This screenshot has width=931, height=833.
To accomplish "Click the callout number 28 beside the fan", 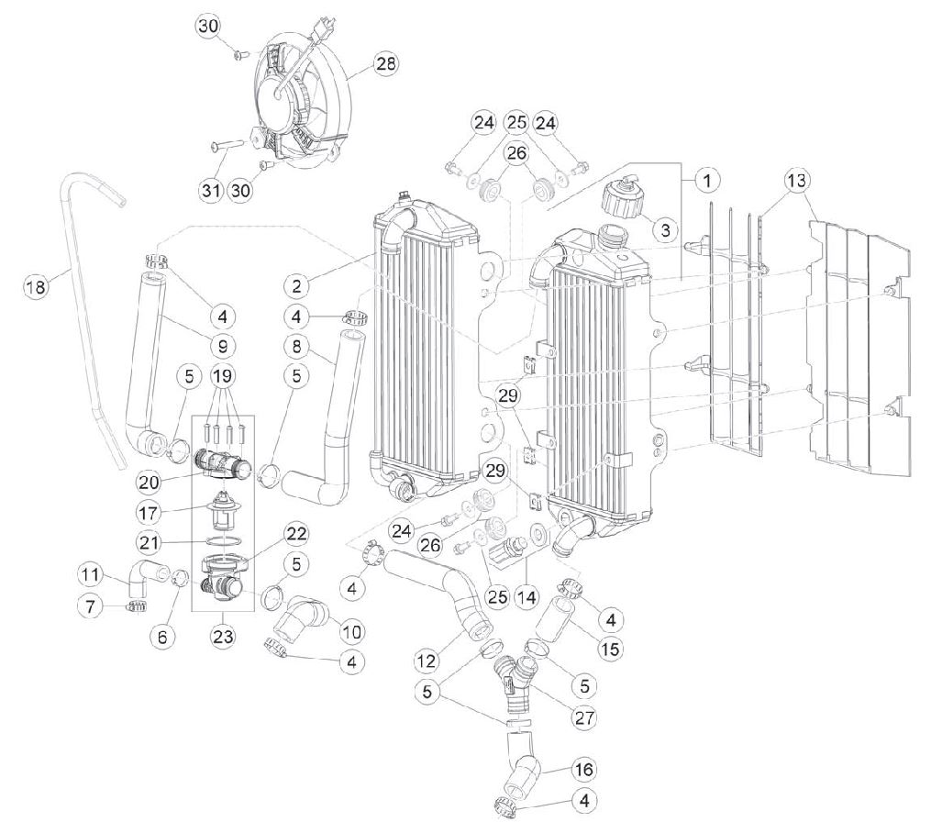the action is (386, 62).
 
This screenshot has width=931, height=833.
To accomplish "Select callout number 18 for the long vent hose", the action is (36, 287).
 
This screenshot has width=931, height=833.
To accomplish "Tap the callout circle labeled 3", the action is (665, 229).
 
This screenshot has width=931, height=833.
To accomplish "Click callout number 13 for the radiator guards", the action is (797, 179).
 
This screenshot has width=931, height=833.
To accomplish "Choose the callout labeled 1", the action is (706, 179).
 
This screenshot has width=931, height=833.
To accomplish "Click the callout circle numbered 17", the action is (149, 511).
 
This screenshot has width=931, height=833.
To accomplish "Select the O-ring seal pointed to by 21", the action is (223, 541).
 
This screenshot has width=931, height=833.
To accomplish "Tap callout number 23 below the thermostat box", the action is (222, 636).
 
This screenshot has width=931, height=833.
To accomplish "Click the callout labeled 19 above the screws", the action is (223, 375).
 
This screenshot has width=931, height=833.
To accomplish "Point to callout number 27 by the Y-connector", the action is (584, 717).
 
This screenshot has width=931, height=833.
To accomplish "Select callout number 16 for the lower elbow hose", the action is (584, 770).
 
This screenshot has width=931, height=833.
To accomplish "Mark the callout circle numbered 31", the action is (211, 191).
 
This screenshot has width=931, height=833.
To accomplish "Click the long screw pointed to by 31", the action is (227, 143).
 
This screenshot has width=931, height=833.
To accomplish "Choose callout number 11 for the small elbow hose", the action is (90, 574).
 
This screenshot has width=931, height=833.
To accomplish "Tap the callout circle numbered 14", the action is (526, 596).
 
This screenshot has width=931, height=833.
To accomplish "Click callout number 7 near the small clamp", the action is (91, 606).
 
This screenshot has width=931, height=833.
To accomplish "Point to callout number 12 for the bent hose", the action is (427, 660).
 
